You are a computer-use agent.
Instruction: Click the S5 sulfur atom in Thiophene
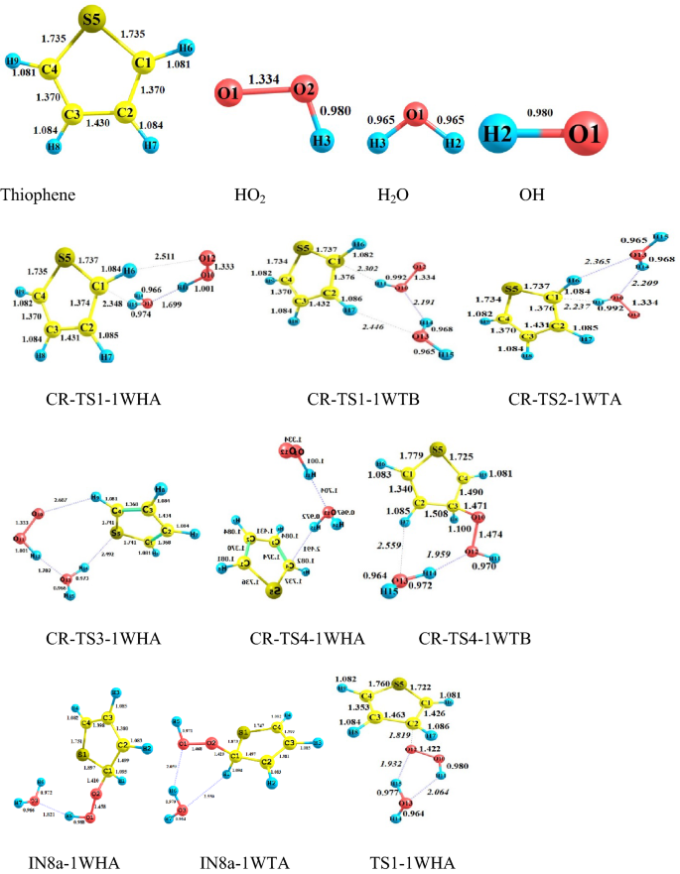click(92, 20)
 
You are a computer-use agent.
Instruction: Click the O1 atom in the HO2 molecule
click(228, 97)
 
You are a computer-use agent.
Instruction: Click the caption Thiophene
click(37, 195)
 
